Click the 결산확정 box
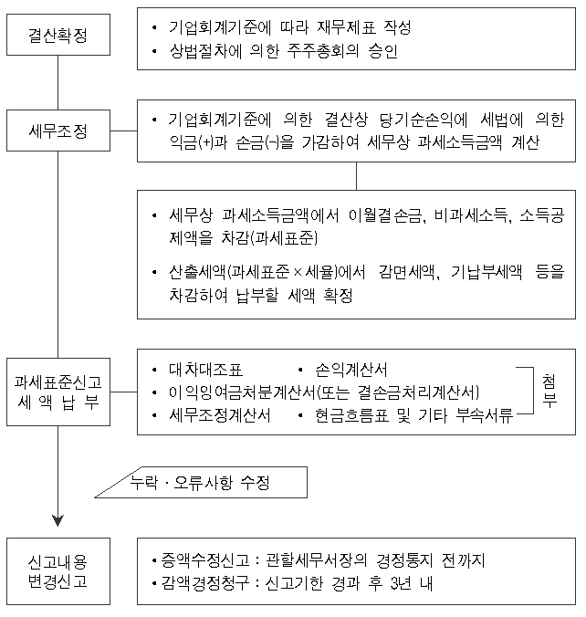click(x=58, y=35)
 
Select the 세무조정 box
click(x=58, y=131)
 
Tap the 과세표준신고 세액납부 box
click(x=58, y=392)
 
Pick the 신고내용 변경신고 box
click(x=58, y=571)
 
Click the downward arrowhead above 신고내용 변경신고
click(x=58, y=520)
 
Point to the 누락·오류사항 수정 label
click(x=200, y=483)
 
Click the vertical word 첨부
click(x=549, y=391)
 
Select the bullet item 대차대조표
click(x=205, y=370)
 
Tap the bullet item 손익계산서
click(x=351, y=370)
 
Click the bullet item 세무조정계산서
click(x=220, y=415)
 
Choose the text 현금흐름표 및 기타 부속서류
click(x=414, y=415)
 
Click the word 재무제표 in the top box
click(x=346, y=27)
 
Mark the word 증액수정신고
click(x=204, y=560)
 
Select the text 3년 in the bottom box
click(x=401, y=583)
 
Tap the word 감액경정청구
click(x=204, y=583)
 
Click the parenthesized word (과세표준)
click(x=284, y=237)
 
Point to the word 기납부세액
click(x=487, y=272)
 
